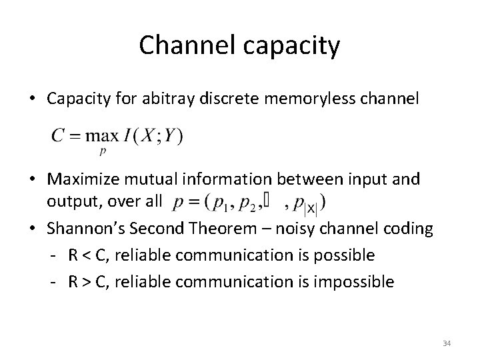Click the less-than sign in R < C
point(86,255)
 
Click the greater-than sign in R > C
point(86,281)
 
